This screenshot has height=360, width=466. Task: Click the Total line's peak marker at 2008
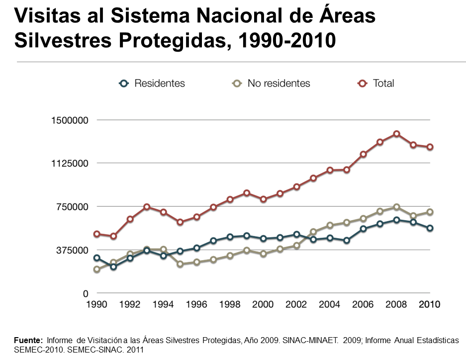point(396,134)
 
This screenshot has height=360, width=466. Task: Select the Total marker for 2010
point(430,147)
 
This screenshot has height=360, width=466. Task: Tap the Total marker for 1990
point(96,234)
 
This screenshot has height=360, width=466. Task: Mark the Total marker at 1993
point(147,207)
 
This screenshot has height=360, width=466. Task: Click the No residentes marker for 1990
point(96,270)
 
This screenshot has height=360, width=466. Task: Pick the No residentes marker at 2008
point(396,207)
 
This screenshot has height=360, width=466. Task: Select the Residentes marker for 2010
point(430,228)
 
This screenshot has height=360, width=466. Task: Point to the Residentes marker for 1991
point(113,267)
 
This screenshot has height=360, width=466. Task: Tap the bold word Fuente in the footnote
point(29,341)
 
